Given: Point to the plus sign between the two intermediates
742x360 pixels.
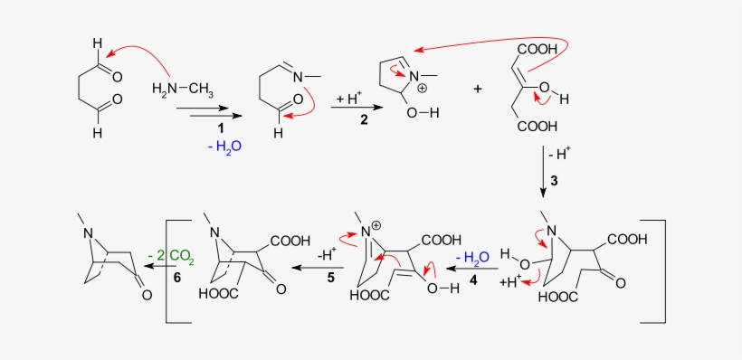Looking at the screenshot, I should tap(478, 89).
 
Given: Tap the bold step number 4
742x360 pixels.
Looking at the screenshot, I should tap(473, 281).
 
